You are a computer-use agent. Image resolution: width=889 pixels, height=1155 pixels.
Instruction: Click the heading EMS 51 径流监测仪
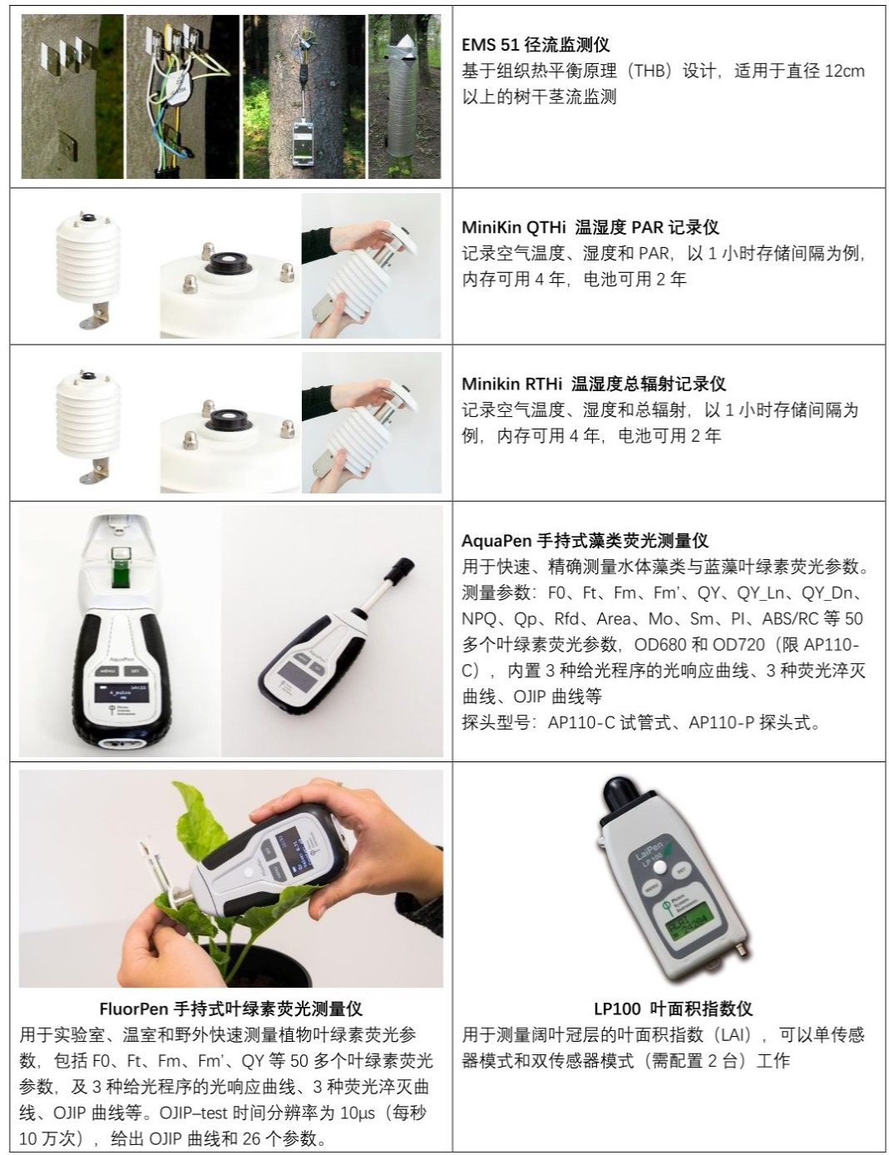(x=536, y=45)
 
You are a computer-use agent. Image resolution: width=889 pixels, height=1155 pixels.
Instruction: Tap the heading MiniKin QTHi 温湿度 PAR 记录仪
(x=590, y=227)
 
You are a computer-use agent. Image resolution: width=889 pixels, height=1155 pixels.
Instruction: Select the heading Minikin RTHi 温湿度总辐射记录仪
(x=594, y=384)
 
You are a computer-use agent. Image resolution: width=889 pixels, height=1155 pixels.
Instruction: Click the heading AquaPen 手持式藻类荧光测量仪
(x=585, y=541)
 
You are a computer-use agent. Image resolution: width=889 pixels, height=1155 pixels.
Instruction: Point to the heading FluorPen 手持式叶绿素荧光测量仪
(x=230, y=1009)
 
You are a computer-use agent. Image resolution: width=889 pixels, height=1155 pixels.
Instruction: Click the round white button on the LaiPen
(x=660, y=866)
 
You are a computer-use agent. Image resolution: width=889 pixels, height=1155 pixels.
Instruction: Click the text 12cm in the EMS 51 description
(x=844, y=71)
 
